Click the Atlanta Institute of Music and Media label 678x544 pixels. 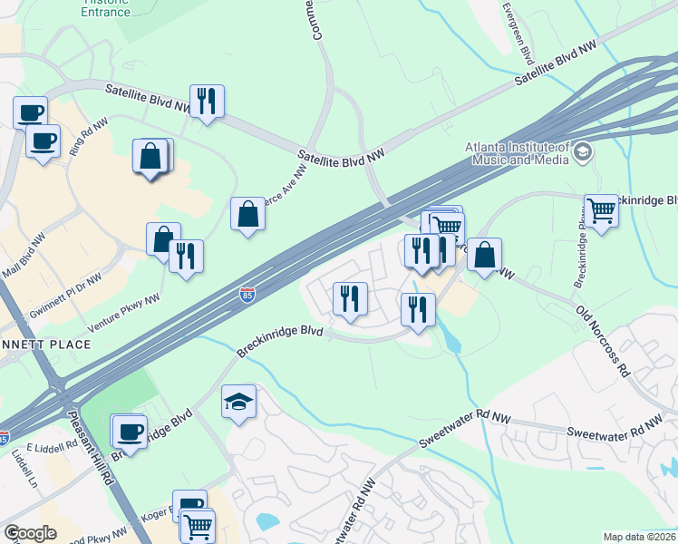coord(517,154)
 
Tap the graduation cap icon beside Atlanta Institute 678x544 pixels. coord(582,152)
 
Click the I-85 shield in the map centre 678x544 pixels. coord(247,294)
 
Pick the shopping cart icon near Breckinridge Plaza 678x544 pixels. coord(600,211)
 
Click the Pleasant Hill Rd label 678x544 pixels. coord(92,449)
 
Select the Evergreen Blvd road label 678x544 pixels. coord(518,32)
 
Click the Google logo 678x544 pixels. coord(30,533)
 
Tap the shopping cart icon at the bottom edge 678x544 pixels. coord(197,525)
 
